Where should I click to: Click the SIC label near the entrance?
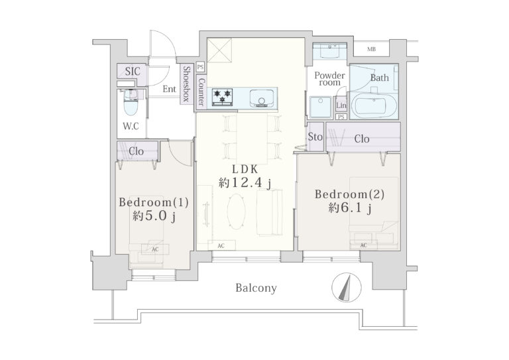pos(133,71)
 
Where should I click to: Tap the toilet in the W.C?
pos(131,102)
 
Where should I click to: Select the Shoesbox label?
pos(186,84)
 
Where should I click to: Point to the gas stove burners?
pos(223,97)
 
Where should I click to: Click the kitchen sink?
pos(262,97)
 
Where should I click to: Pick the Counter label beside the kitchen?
pos(201,92)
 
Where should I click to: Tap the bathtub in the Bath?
pos(374,105)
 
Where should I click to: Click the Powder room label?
pos(329,78)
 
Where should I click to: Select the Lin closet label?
pos(341,105)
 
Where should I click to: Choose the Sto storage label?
pos(315,137)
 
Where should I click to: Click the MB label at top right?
pos(372,49)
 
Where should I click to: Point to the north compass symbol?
pos(347,288)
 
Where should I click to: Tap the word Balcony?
pos(256,288)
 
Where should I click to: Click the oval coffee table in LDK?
pos(236,211)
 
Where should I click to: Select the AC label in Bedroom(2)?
pos(364,245)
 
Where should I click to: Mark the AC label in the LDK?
pos(221,246)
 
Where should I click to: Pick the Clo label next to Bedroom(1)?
pos(136,151)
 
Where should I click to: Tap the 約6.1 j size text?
pos(350,208)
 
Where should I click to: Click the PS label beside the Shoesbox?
pos(200,67)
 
